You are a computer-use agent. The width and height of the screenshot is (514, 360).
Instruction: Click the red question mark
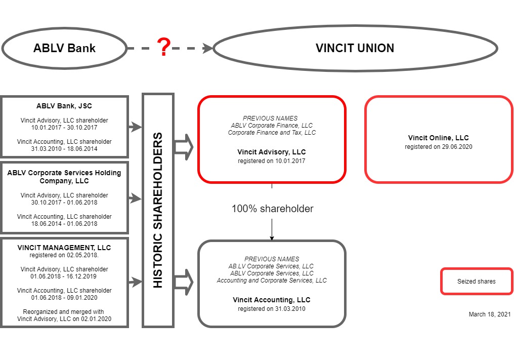coord(163,48)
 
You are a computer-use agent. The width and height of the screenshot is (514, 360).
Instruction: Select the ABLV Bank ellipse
coord(64,49)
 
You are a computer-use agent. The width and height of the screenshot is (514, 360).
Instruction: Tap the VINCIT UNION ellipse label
coord(355,49)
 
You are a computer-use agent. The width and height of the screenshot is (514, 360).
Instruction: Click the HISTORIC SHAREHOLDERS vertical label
coord(158,210)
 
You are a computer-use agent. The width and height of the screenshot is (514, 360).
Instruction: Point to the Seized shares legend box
coord(476,282)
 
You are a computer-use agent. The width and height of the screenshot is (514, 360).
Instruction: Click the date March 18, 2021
coord(489,314)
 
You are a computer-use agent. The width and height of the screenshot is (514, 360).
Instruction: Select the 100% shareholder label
coord(272,209)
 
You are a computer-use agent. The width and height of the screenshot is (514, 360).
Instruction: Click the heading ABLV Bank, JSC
coord(64,106)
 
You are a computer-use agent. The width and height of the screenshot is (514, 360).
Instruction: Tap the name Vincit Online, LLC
coord(438,138)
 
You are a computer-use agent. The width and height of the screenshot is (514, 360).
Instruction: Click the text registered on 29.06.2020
coord(438,147)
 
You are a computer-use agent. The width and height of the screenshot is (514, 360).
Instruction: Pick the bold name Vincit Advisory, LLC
coord(272,152)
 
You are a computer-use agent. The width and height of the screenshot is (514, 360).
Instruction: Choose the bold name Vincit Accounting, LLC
coord(272,300)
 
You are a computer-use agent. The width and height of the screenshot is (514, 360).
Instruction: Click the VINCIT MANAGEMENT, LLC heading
coord(64,248)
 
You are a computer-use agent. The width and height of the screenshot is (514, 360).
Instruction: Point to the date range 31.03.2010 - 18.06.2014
coord(64,149)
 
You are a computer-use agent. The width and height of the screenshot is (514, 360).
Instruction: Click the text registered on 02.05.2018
coord(64,255)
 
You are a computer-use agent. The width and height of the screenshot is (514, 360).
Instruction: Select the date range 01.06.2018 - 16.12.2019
coord(64,276)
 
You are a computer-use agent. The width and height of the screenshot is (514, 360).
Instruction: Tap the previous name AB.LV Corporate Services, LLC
coord(272,266)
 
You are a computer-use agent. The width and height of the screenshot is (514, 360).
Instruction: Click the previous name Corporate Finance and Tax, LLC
coord(272,133)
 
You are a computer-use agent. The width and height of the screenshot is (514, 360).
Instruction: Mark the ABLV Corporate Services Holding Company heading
coord(64,177)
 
